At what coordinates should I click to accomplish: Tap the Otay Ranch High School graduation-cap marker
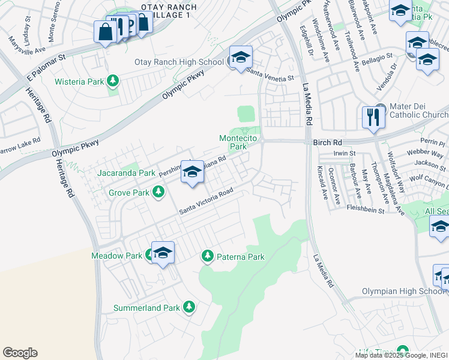(x=241, y=58)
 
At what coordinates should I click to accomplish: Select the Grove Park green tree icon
(x=158, y=193)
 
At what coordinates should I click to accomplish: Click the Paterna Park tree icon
(x=208, y=256)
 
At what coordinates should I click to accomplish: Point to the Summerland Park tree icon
(x=189, y=307)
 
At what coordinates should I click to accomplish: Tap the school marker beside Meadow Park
(x=163, y=253)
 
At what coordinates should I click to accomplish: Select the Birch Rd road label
(x=327, y=143)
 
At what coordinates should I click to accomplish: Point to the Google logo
(x=20, y=353)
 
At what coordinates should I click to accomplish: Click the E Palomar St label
(x=45, y=67)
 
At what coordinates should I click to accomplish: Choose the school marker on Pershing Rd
(x=192, y=173)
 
